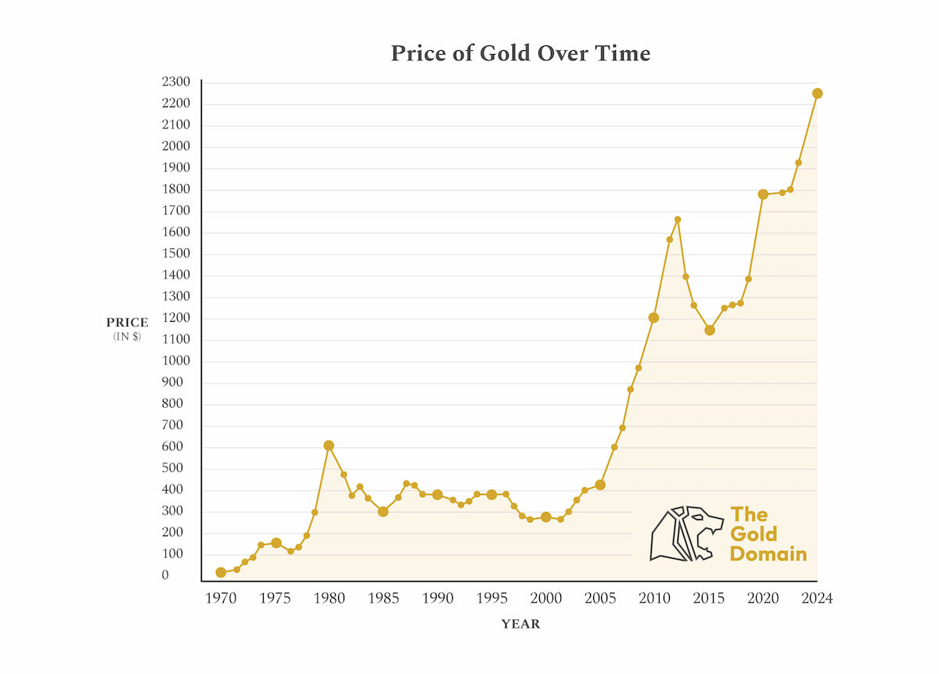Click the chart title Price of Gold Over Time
(520, 53)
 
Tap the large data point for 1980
(329, 445)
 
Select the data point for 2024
(817, 93)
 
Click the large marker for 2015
(710, 330)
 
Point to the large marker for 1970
(221, 572)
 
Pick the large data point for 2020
(763, 194)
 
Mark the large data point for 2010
(653, 317)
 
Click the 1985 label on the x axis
(383, 599)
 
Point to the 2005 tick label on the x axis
(600, 599)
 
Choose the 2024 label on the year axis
(817, 599)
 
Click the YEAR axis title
(520, 625)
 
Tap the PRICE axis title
(127, 323)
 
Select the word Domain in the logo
(768, 553)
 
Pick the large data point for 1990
(437, 495)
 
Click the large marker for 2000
(546, 517)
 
